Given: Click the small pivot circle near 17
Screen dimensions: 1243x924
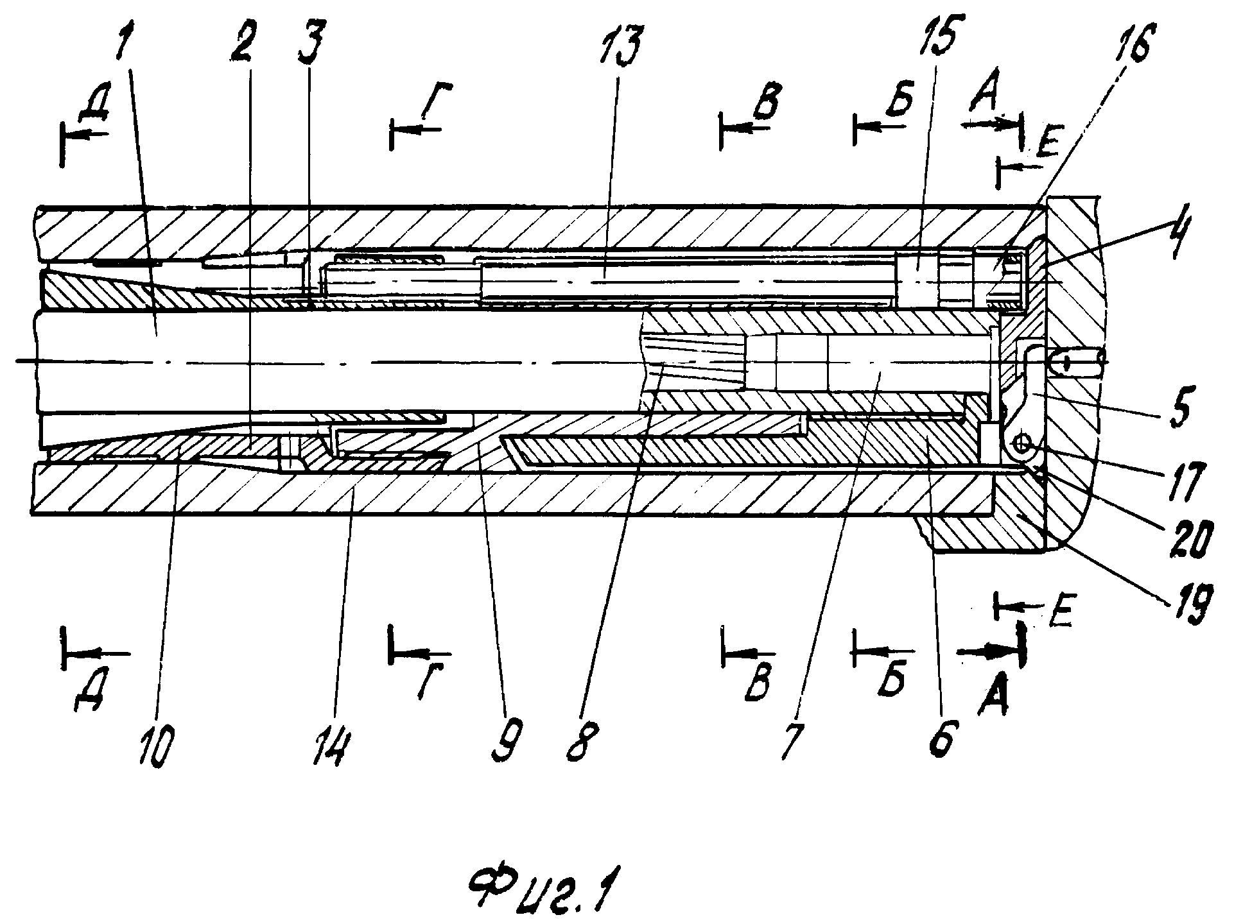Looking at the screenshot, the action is click(1022, 443).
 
